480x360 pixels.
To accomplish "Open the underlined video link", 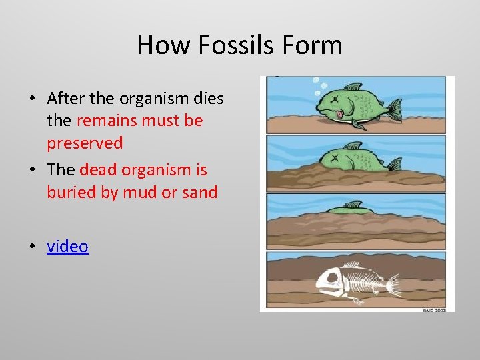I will (67, 247).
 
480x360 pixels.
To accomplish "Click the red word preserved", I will (85, 143).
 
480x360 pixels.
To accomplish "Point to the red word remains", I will (107, 121).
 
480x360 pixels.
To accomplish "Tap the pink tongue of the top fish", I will (343, 116).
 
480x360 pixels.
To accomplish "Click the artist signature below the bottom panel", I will (434, 310).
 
